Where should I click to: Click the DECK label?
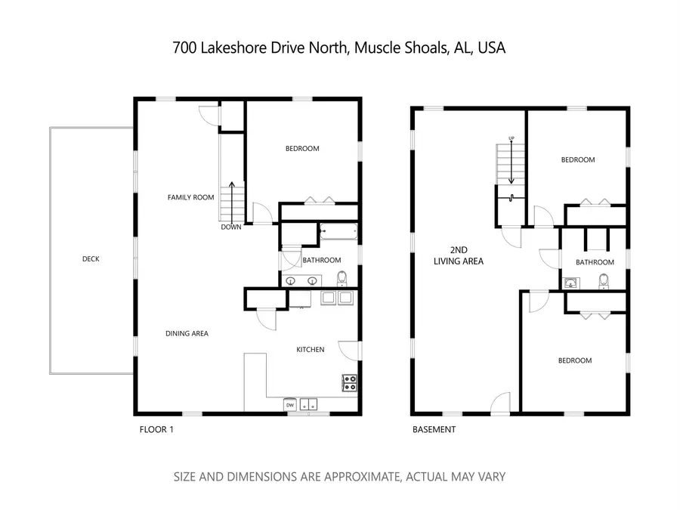91,259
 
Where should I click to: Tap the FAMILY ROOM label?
191,197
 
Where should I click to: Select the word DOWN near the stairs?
231,227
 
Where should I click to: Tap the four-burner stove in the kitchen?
350,383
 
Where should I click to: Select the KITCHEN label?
310,349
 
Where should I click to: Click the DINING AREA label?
187,333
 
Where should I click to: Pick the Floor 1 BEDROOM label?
302,149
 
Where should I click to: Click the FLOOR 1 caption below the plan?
157,430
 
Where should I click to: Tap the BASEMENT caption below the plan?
434,430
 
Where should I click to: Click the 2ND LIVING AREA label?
458,255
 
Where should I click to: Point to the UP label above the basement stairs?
512,138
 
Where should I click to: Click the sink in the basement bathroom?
571,283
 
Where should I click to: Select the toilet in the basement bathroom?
603,282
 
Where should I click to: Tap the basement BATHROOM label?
595,262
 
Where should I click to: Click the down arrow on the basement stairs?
512,162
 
